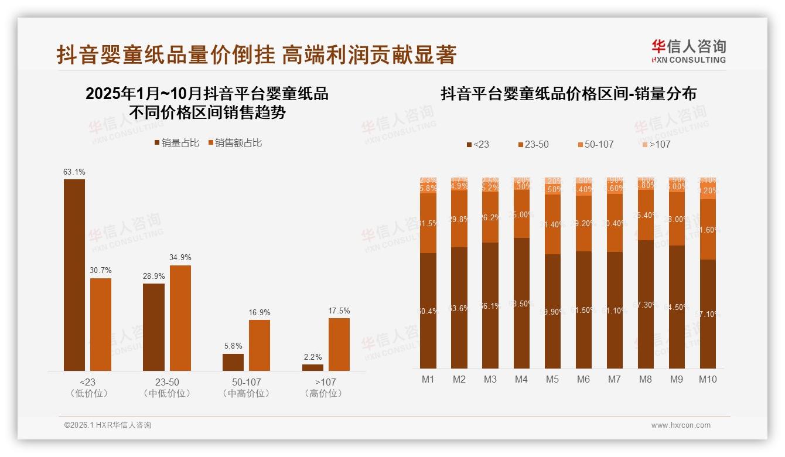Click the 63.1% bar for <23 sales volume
(x=74, y=275)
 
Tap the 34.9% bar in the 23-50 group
(x=180, y=318)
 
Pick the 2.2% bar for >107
(x=313, y=367)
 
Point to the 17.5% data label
(x=339, y=311)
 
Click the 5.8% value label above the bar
(x=233, y=346)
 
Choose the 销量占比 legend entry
(x=177, y=143)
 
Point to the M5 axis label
(x=552, y=380)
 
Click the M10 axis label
(x=708, y=380)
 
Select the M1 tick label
(x=428, y=380)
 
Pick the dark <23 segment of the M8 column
(x=646, y=304)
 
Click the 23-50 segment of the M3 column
(x=490, y=217)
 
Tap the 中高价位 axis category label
(x=246, y=394)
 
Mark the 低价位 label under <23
(x=88, y=394)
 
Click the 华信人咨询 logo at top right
(x=688, y=51)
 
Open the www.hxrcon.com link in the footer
(x=681, y=425)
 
